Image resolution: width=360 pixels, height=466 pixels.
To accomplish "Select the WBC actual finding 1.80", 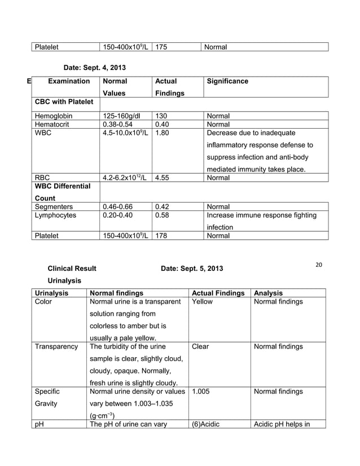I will click(x=163, y=134).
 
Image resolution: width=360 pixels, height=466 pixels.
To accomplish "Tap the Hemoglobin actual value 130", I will click(x=161, y=116).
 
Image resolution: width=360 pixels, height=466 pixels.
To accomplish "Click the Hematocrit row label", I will click(x=52, y=125).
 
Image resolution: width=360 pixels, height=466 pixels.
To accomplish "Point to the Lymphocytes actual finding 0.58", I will click(x=163, y=216).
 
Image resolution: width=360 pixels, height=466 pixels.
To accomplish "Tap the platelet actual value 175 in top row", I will click(x=161, y=46).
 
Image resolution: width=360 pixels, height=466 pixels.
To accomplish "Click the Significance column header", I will click(x=227, y=81).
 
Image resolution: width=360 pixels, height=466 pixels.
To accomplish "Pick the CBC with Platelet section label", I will click(x=64, y=102).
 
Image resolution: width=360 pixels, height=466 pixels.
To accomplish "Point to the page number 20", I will click(x=319, y=265).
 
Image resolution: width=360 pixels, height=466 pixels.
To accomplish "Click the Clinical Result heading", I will click(x=72, y=269).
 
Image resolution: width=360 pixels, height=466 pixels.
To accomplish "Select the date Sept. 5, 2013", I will click(x=192, y=269).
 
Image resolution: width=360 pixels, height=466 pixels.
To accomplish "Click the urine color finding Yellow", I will click(x=202, y=302).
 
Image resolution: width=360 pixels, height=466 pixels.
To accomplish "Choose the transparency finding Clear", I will click(x=200, y=346).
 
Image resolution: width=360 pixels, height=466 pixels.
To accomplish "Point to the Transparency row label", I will click(x=56, y=346).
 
